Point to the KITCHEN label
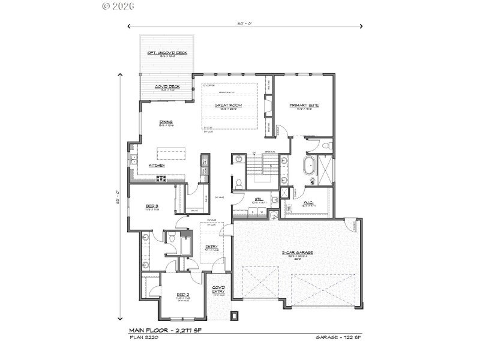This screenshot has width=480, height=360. tap(157, 164)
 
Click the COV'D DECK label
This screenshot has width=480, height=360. tap(167, 87)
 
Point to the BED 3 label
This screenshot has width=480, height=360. tap(152, 206)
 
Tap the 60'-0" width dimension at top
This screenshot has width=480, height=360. tap(244, 23)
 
